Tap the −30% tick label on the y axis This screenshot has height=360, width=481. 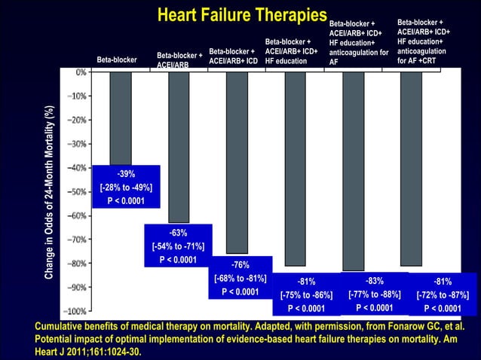click(x=78, y=144)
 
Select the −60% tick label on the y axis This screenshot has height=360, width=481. click(x=78, y=215)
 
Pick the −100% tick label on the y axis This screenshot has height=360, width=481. click(x=76, y=310)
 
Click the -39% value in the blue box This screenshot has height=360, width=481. click(x=126, y=174)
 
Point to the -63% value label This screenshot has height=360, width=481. click(x=178, y=233)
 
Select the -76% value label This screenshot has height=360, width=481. click(x=240, y=264)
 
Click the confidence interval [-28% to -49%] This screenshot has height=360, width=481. click(x=126, y=188)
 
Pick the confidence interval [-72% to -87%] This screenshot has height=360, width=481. click(x=443, y=294)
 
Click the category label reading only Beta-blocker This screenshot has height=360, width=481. click(x=117, y=59)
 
